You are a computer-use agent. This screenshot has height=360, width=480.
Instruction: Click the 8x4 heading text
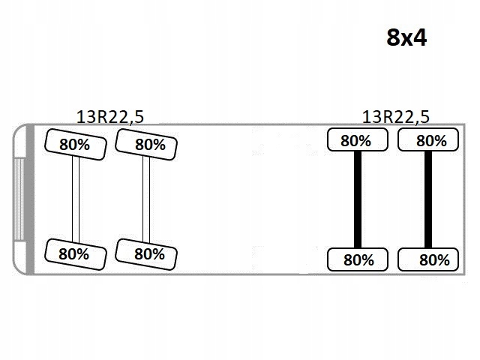pyautogui.click(x=406, y=37)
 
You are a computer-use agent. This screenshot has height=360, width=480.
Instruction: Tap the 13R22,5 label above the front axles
pyautogui.click(x=110, y=116)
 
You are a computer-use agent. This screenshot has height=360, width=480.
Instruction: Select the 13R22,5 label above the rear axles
pyautogui.click(x=396, y=116)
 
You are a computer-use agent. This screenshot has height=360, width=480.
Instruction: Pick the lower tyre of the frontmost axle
pyautogui.click(x=73, y=253)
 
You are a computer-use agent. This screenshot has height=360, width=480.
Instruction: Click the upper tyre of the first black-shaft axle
pyautogui.click(x=357, y=139)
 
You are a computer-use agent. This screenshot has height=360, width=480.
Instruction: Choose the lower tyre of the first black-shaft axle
pyautogui.click(x=358, y=259)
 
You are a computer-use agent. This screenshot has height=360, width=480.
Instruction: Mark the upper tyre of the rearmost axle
pyautogui.click(x=428, y=139)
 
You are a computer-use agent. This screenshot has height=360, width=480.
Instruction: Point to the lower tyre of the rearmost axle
pyautogui.click(x=428, y=259)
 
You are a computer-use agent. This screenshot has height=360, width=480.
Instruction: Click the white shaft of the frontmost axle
pyautogui.click(x=76, y=199)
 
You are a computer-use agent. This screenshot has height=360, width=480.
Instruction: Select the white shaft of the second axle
pyautogui.click(x=146, y=199)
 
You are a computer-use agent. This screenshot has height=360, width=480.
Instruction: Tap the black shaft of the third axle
pyautogui.click(x=358, y=199)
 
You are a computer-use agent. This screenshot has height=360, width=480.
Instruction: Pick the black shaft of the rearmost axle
pyautogui.click(x=428, y=199)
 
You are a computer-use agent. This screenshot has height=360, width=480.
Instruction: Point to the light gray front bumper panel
pyautogui.click(x=19, y=199)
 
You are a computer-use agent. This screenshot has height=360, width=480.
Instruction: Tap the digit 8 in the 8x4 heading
pyautogui.click(x=394, y=37)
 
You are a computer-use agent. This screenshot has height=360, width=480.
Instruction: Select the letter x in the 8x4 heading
pyautogui.click(x=406, y=40)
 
